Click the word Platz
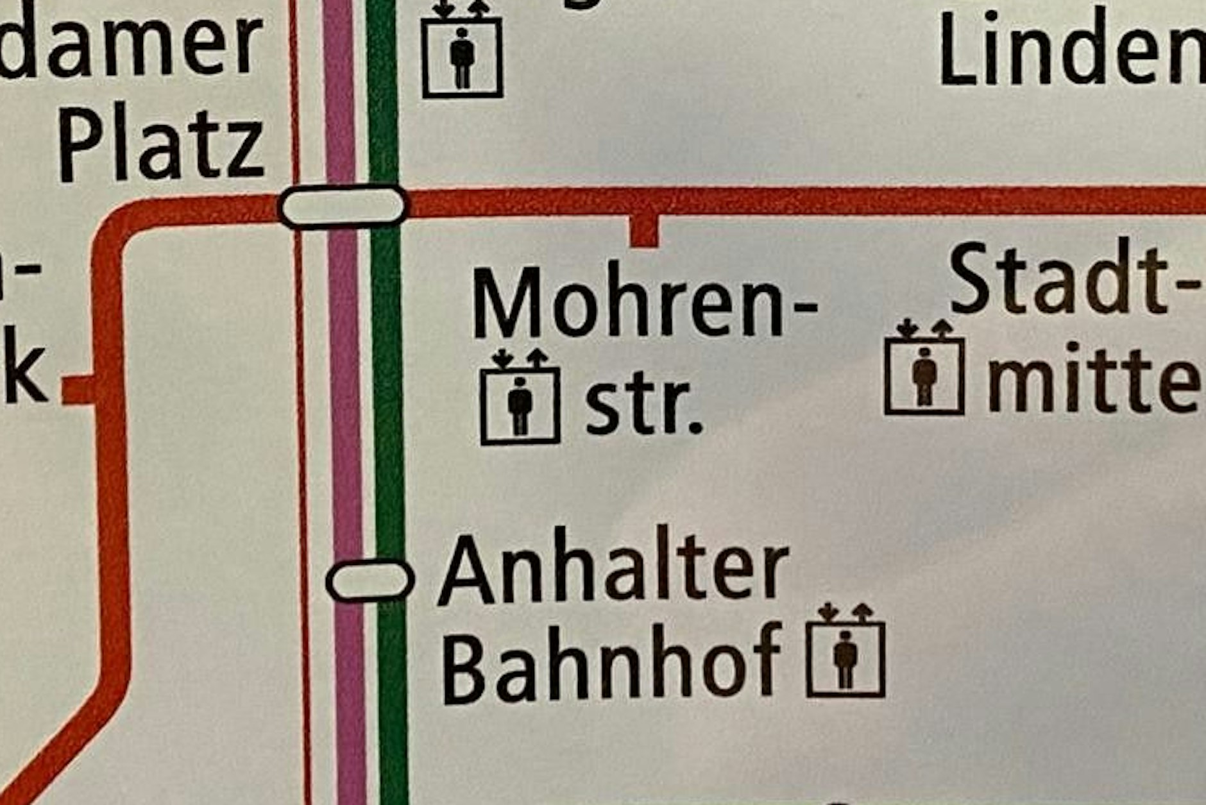point(162,149)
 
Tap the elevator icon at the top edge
point(462,51)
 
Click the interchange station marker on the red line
point(343,205)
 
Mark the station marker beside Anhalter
point(369,580)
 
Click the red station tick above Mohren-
point(644,232)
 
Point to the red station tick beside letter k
point(78,390)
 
